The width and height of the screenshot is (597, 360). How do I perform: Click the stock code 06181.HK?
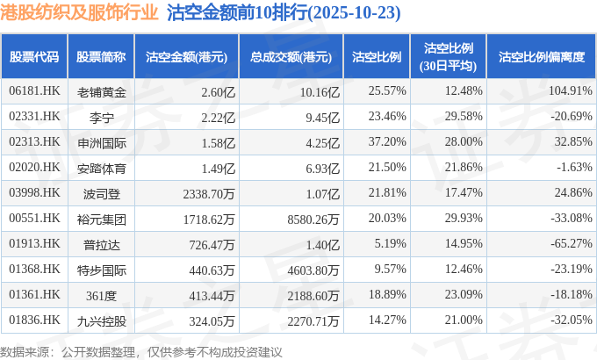pos(34,91)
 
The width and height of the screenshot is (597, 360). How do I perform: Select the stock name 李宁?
pos(101,116)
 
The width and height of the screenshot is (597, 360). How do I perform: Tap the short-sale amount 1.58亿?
pos(219,141)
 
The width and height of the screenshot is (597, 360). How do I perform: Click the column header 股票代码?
pos(34,56)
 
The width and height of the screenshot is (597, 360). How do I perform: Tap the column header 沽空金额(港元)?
pos(186,56)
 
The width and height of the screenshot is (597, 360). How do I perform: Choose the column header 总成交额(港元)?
pos(291,56)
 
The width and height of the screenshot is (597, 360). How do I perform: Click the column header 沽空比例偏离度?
pos(541,56)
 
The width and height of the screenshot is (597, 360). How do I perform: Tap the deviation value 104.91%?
pos(565,91)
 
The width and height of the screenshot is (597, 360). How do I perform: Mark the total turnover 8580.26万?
pos(306,217)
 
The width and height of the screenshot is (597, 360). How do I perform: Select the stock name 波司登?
pos(101,191)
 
